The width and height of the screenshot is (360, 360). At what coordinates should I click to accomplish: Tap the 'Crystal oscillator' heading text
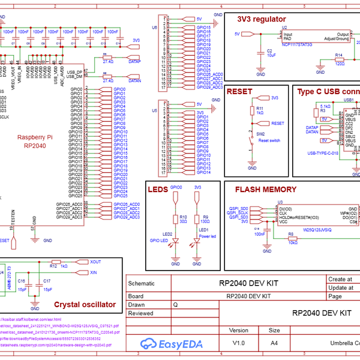tap(85, 304)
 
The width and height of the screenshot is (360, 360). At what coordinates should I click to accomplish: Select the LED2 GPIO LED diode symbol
tap(175, 242)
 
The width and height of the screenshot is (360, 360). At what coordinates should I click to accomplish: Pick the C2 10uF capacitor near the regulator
tap(260, 53)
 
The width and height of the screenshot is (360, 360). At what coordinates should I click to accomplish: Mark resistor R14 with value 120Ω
tap(339, 60)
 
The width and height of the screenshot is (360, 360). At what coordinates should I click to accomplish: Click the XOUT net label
tap(95, 262)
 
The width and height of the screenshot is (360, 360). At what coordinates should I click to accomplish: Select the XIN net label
tap(94, 272)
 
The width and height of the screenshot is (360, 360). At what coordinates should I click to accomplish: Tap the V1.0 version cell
tap(238, 343)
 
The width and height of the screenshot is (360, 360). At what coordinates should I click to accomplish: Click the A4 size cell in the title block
tap(274, 343)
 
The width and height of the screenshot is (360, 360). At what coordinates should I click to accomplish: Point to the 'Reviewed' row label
tap(140, 313)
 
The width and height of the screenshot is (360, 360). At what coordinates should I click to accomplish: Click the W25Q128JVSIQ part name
tap(317, 229)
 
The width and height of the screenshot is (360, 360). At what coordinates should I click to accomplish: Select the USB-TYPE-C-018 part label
tap(322, 152)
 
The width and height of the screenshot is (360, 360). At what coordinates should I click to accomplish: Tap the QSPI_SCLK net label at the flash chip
tap(238, 212)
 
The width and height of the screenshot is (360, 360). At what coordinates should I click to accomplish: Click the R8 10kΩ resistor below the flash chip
tap(292, 238)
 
